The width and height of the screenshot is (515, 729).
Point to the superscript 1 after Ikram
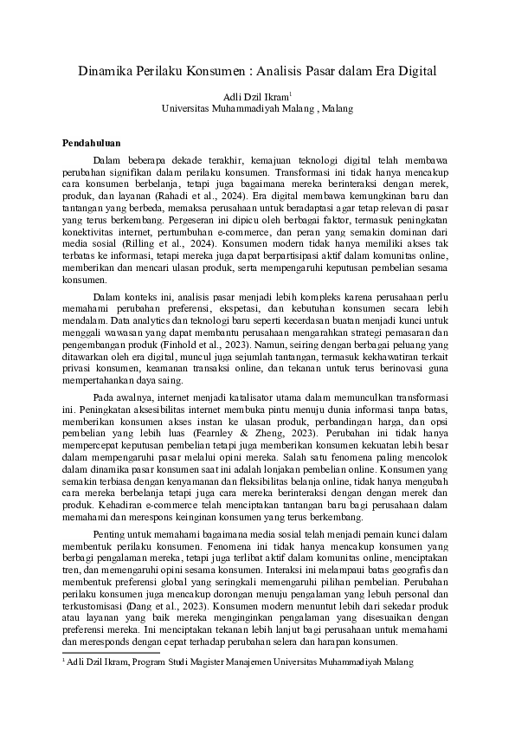click(x=290, y=94)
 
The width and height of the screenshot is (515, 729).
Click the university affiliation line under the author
click(x=257, y=109)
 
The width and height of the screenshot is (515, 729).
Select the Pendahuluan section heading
click(x=98, y=142)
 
